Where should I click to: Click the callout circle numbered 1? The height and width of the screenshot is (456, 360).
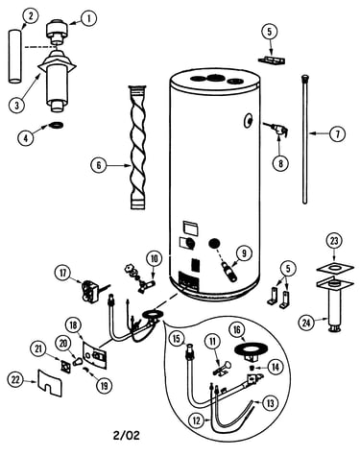88,18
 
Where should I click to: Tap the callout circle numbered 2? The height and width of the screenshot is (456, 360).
31,16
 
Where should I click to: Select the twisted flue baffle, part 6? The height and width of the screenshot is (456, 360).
138,147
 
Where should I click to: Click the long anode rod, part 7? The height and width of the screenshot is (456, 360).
305,139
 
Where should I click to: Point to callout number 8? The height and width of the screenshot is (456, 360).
280,163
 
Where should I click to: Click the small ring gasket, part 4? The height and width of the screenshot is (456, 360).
58,125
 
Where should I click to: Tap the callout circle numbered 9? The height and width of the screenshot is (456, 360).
244,253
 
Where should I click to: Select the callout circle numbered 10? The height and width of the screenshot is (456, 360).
155,258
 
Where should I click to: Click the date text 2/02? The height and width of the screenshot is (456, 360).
127,435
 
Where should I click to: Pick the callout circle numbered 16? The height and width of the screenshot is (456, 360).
237,330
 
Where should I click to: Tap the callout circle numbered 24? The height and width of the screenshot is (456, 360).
306,323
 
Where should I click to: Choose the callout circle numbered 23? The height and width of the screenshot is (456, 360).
334,241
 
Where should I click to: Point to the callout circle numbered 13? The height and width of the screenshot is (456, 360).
271,403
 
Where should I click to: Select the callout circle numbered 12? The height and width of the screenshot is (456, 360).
197,420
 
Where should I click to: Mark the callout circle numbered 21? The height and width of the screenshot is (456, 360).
38,349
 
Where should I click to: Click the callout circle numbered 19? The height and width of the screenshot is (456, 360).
105,385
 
